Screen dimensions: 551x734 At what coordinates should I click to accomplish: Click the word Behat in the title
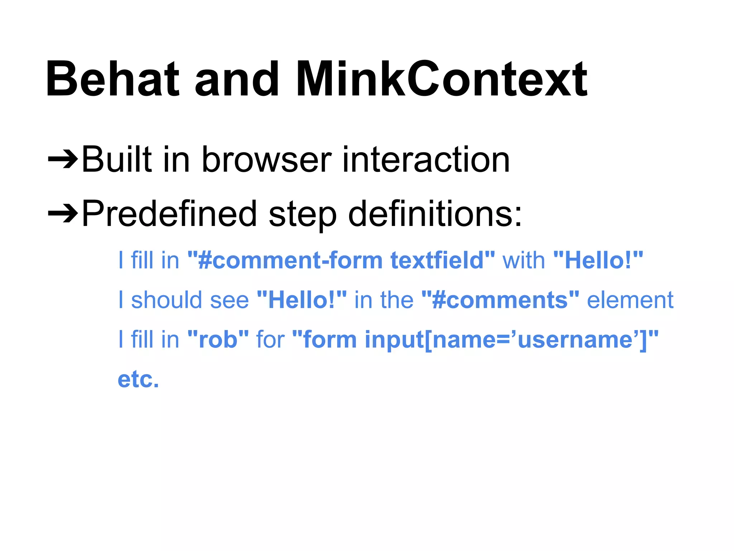coord(112,79)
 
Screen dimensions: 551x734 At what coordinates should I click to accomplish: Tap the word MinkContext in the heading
coord(442,79)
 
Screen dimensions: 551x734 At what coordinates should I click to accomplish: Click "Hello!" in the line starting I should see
coord(302,300)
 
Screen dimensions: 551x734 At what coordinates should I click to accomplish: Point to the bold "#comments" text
coord(500,300)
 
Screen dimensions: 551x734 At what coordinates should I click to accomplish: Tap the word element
coord(630,300)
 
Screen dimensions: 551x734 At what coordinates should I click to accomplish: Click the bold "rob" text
coord(218,339)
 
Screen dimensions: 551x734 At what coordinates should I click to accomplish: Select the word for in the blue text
coord(270,339)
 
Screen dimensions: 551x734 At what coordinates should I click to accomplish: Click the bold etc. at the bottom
coord(138,379)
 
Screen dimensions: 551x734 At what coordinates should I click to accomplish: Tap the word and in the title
coord(237,79)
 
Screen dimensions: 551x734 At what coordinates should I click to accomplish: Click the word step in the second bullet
coord(302,214)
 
